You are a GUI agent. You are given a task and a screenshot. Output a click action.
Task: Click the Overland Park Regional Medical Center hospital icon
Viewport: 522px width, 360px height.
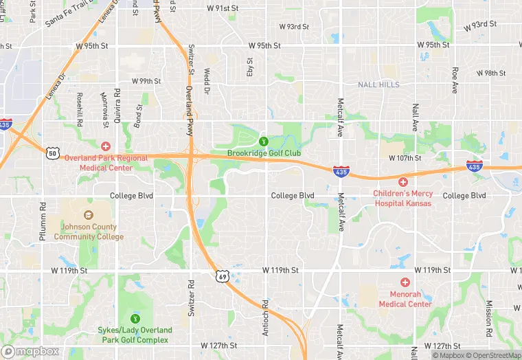[105, 146]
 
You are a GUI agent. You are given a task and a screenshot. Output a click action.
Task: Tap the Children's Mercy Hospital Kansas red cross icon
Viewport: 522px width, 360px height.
[402, 182]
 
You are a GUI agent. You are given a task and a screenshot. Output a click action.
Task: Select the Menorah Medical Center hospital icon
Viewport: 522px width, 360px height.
[405, 282]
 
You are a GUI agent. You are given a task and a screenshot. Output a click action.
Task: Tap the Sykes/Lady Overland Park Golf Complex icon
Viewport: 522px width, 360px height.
[135, 318]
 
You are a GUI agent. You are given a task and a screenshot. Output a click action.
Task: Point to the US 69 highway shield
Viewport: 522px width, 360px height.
[220, 276]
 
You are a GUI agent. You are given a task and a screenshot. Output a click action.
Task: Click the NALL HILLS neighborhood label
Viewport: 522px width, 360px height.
[378, 85]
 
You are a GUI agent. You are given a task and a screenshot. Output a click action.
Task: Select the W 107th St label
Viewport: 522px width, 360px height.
[404, 158]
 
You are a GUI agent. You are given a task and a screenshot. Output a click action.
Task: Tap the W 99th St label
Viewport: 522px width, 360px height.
[146, 81]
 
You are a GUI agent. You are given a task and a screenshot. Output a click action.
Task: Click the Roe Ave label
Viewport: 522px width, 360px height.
[455, 80]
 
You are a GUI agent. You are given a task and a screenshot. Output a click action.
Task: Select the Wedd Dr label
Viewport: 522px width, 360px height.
[206, 81]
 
